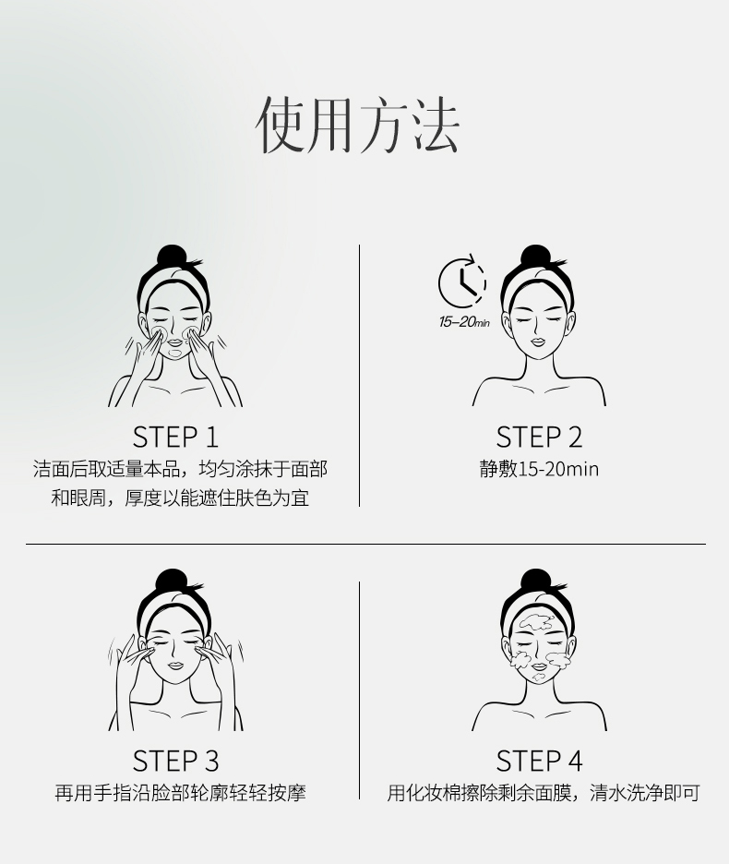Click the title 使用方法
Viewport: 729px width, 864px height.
(x=358, y=125)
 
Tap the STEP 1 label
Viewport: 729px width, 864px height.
(x=175, y=438)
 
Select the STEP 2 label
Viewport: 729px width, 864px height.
(x=539, y=438)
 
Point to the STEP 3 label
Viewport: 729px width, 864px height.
(x=175, y=762)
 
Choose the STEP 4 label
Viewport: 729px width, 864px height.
(x=539, y=762)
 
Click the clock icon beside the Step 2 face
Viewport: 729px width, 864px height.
(x=462, y=282)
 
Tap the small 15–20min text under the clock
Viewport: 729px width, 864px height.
(x=464, y=322)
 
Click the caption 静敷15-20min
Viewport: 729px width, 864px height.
(x=539, y=470)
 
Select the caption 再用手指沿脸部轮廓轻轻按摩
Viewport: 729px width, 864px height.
(x=180, y=794)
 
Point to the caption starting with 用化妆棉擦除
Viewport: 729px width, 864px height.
(x=544, y=794)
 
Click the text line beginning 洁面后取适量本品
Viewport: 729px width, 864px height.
(x=180, y=470)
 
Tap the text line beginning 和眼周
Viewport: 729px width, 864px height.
(x=180, y=498)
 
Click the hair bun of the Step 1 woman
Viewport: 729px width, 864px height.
(x=172, y=258)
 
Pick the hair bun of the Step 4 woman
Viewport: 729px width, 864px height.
(x=535, y=582)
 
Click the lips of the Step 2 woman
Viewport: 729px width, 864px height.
(x=538, y=342)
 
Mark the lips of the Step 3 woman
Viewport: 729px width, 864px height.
(x=175, y=666)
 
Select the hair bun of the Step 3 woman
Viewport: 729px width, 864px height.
(x=172, y=582)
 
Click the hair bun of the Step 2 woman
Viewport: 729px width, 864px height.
(x=535, y=258)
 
